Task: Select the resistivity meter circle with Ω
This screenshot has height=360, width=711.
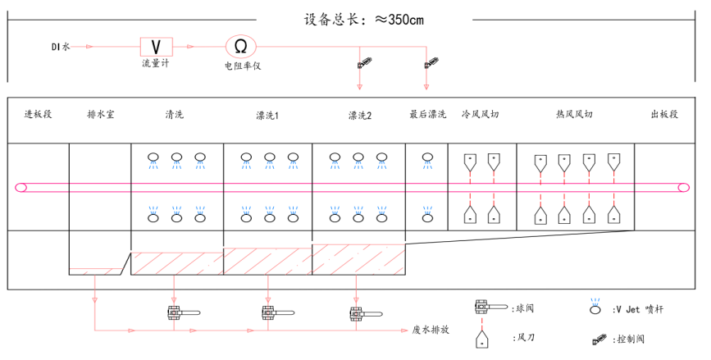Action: (241, 46)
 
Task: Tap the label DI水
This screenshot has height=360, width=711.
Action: (59, 47)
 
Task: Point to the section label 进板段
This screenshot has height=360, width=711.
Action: (38, 115)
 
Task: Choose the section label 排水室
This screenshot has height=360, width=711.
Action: (100, 115)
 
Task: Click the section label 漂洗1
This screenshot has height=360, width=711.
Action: (267, 115)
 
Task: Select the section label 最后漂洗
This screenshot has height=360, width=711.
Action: (427, 115)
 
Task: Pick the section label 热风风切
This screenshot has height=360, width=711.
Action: (574, 115)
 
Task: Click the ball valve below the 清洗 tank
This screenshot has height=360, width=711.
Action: (175, 312)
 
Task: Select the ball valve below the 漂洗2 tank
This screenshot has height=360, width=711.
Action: (358, 312)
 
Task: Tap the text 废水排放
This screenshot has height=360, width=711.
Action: (431, 330)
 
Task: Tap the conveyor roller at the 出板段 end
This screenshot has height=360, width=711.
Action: (683, 188)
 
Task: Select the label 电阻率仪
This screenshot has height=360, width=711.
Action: (241, 66)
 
